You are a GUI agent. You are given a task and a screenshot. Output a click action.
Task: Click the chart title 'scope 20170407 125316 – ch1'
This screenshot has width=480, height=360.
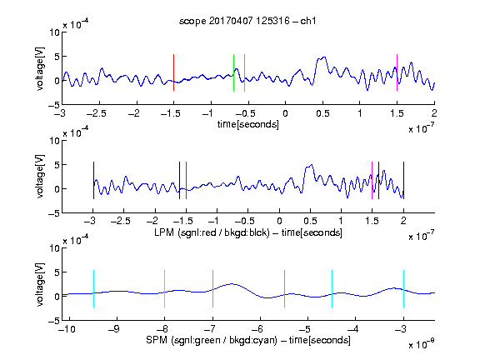click(247, 21)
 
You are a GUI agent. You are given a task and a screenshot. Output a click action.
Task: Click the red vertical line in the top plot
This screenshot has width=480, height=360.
click(173, 72)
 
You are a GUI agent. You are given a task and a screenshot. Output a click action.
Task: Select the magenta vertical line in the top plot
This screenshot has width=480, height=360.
click(397, 72)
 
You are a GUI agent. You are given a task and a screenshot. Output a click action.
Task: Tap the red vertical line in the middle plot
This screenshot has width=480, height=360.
click(186, 180)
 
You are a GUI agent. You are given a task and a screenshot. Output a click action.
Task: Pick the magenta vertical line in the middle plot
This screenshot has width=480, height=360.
click(372, 180)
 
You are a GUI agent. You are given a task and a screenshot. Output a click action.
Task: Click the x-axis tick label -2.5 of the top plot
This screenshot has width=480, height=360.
click(97, 113)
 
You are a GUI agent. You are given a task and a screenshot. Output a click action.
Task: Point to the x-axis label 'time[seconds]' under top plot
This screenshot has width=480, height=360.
click(248, 124)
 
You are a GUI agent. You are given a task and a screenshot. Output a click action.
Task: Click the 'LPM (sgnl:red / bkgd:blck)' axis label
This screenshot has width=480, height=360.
click(212, 232)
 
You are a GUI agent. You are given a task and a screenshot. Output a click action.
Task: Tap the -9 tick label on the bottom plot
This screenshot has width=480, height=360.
click(114, 329)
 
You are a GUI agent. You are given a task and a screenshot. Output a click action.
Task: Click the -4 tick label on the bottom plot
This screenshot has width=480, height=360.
click(352, 329)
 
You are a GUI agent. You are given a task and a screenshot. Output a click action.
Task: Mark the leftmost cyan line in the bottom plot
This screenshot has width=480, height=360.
click(93, 288)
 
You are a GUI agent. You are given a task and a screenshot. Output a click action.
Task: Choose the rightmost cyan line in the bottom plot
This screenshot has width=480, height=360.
click(404, 288)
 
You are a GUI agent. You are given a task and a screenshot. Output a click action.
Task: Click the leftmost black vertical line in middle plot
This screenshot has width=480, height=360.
click(93, 180)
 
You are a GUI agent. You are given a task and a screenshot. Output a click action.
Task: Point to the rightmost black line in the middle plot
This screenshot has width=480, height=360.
click(404, 180)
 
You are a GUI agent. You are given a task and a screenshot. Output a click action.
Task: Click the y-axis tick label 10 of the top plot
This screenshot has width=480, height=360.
click(55, 32)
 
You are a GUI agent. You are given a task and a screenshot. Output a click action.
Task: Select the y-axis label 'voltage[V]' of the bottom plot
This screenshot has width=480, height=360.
click(40, 285)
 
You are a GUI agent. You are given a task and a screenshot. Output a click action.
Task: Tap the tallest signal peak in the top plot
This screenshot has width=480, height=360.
click(324, 57)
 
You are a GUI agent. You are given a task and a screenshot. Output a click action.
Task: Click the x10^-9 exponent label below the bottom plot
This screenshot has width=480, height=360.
click(421, 344)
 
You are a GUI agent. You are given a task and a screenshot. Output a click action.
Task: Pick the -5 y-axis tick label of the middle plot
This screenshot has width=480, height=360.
click(54, 213)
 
